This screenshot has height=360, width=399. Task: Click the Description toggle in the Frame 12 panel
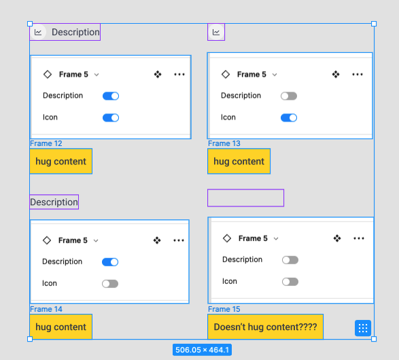(111, 96)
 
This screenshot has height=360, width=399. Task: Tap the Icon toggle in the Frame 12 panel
(111, 118)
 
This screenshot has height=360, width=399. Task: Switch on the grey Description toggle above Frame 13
(289, 96)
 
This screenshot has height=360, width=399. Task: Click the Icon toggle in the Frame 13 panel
(289, 118)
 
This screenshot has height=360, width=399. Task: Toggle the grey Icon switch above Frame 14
(110, 284)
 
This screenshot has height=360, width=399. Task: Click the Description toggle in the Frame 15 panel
(290, 260)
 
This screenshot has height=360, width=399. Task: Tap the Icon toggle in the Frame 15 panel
(290, 282)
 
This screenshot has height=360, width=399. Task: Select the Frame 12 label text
(46, 143)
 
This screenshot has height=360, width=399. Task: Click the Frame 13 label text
(224, 143)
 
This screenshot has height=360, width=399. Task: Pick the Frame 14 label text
(46, 309)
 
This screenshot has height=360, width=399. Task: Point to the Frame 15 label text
(224, 309)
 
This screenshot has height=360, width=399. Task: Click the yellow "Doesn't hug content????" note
(265, 327)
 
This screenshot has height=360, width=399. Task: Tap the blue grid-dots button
(363, 328)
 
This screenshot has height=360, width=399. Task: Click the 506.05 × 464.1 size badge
(202, 350)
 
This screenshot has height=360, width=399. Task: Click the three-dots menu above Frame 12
(179, 75)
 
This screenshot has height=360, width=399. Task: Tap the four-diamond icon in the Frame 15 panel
(337, 238)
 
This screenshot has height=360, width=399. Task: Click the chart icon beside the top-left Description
(38, 33)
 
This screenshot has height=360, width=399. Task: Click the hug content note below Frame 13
(239, 161)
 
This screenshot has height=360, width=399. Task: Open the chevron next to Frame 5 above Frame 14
(96, 240)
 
